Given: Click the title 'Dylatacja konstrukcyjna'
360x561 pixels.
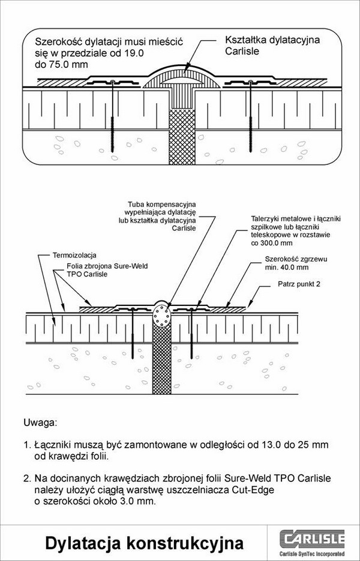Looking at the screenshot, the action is click(x=144, y=543).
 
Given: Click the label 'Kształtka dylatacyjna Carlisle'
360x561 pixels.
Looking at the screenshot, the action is click(x=272, y=46).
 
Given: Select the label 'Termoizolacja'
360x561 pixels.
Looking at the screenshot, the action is click(x=74, y=256).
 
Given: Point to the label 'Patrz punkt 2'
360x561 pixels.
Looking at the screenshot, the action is click(x=299, y=284).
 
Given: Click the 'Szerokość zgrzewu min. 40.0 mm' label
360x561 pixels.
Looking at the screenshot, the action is click(x=296, y=263).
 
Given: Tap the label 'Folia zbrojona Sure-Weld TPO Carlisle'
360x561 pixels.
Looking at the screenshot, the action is click(x=107, y=270).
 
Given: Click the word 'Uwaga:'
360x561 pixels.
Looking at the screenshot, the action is click(x=40, y=422).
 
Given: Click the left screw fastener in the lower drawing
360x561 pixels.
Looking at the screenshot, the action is click(x=133, y=333).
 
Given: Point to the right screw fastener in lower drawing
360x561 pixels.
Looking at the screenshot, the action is click(x=192, y=333).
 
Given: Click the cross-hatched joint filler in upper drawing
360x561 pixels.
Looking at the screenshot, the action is click(x=182, y=136).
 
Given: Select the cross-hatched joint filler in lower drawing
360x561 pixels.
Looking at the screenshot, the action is click(x=162, y=359).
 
